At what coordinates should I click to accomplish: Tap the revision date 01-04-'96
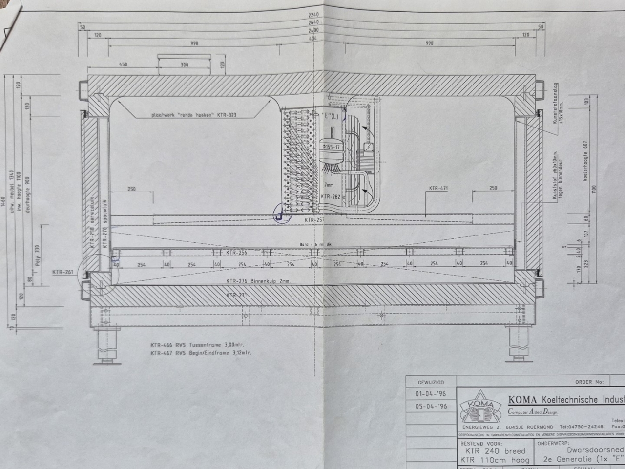pyautogui.click(x=431, y=394)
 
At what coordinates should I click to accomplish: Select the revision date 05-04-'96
pyautogui.click(x=431, y=406)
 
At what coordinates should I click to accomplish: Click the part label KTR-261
pyautogui.click(x=64, y=272)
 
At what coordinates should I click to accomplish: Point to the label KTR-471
pyautogui.click(x=438, y=188)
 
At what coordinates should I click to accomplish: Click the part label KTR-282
pyautogui.click(x=331, y=196)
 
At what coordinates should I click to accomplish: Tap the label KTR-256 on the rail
pyautogui.click(x=236, y=253)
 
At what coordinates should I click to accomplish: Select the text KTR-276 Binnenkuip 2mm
pyautogui.click(x=258, y=281)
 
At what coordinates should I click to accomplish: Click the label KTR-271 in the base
pyautogui.click(x=236, y=295)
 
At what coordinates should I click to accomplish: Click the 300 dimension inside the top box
pyautogui.click(x=184, y=64)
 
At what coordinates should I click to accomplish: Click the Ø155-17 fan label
pyautogui.click(x=331, y=147)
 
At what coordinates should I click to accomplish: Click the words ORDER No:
pyautogui.click(x=590, y=382)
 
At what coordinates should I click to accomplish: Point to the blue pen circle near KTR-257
pyautogui.click(x=280, y=213)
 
